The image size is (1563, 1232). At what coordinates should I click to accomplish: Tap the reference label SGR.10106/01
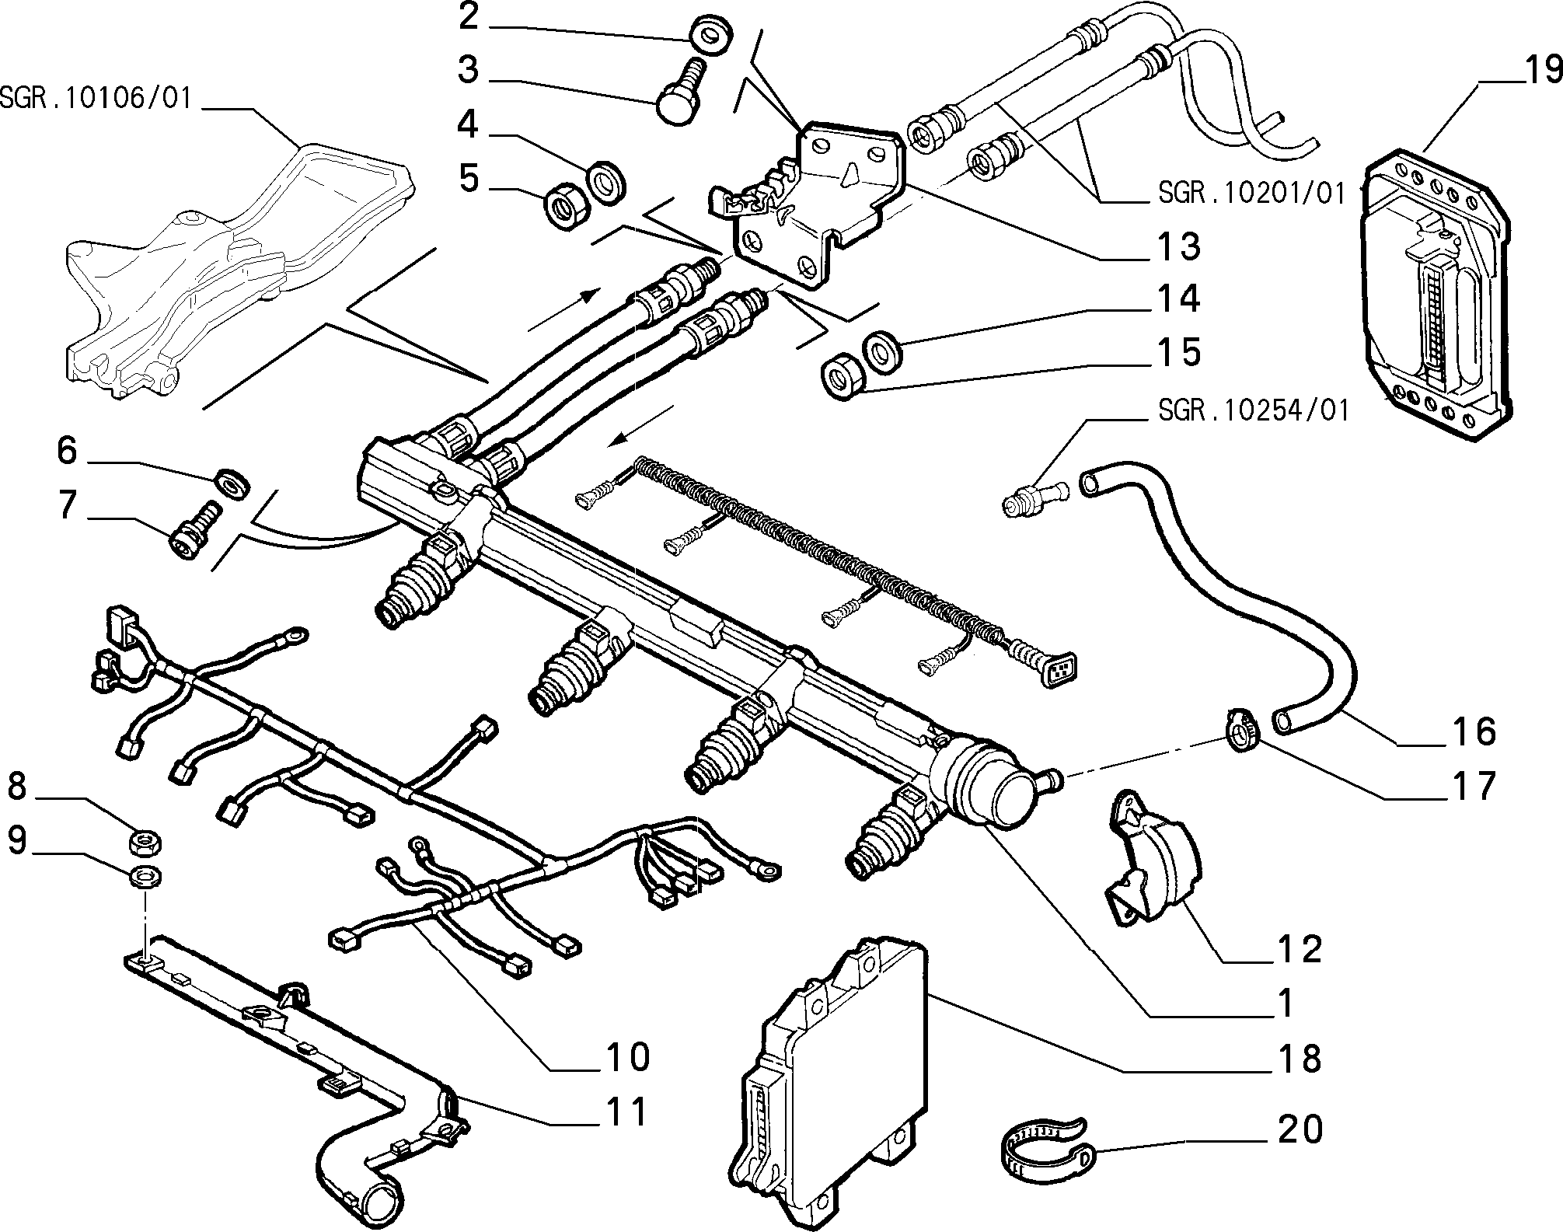pos(95,99)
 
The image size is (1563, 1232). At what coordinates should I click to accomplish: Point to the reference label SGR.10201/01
pos(1251,193)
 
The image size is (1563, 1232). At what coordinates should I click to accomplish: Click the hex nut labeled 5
pos(565,206)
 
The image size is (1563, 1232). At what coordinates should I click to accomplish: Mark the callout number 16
pos(1471,731)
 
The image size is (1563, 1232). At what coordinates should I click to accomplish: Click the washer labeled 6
pos(232,482)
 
